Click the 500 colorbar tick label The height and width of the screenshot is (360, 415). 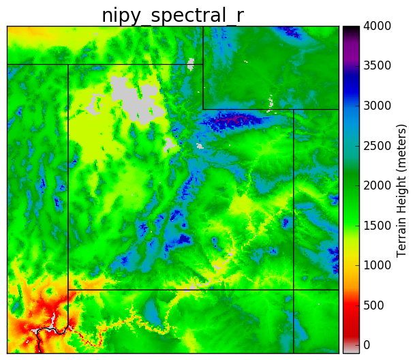373,305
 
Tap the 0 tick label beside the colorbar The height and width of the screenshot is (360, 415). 367,344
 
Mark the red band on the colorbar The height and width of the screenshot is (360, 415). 350,315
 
